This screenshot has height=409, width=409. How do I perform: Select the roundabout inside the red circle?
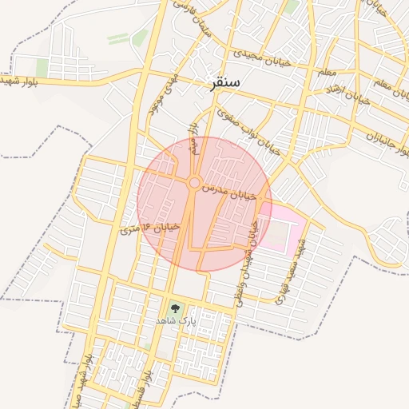coord(194,184)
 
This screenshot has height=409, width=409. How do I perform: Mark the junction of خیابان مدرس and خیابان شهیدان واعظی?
coord(260,197)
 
